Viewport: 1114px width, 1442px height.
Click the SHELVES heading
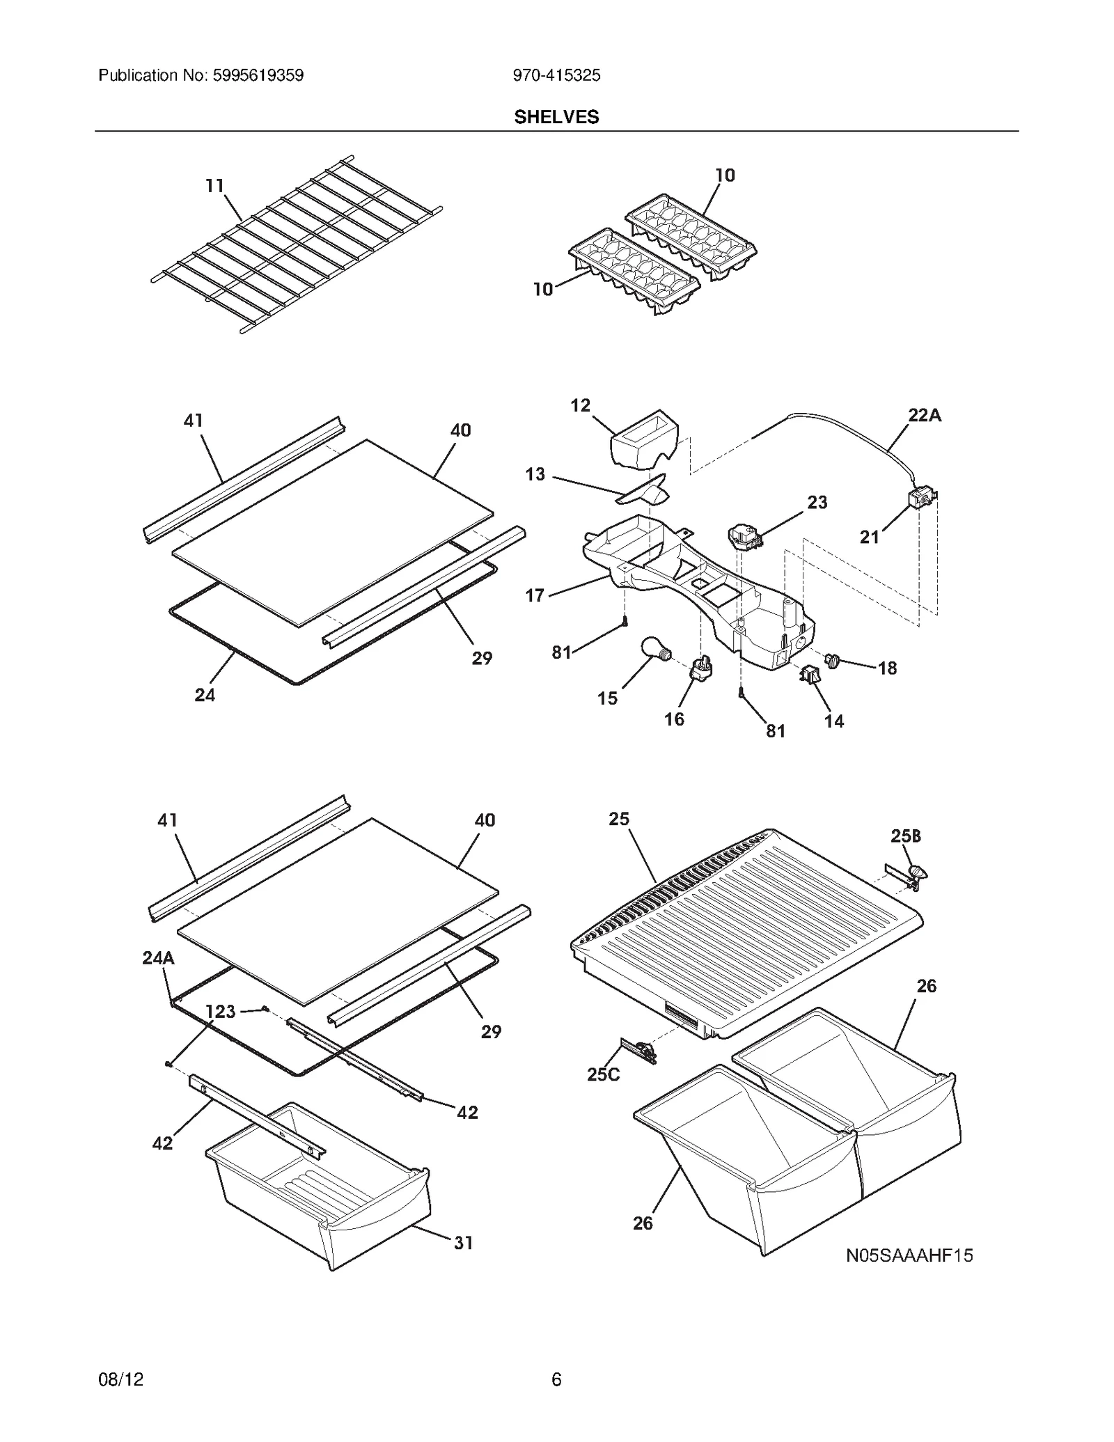click(556, 117)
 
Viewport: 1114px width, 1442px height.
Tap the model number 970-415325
click(556, 75)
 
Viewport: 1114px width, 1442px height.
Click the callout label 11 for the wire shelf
click(214, 186)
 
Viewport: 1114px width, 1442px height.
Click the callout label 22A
click(924, 416)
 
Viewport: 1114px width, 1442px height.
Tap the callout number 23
click(817, 502)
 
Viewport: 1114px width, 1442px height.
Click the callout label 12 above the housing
click(580, 405)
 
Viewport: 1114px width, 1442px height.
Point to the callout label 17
click(535, 595)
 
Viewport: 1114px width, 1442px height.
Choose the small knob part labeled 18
click(832, 659)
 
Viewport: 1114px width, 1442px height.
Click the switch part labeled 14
click(810, 674)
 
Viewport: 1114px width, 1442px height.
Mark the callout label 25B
click(905, 836)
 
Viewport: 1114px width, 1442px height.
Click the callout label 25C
click(603, 1074)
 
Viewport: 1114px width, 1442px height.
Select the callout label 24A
click(158, 958)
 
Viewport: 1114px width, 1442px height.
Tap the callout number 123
click(220, 1011)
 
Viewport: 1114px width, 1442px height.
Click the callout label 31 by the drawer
click(463, 1243)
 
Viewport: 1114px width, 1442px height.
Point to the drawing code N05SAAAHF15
click(909, 1255)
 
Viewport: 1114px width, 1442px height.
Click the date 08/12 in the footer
click(121, 1379)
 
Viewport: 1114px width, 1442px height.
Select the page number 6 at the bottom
click(556, 1379)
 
